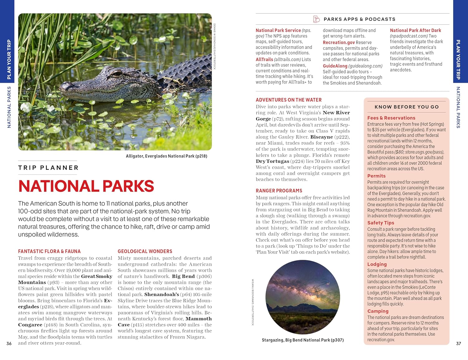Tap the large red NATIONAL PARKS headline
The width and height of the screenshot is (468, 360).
point(86,186)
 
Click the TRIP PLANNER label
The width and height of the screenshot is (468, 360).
point(48,168)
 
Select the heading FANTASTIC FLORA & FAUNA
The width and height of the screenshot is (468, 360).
point(49,251)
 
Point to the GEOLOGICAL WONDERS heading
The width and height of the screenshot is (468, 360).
point(145,251)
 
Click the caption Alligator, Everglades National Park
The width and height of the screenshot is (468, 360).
point(166,156)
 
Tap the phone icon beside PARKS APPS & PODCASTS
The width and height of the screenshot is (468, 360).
point(316,19)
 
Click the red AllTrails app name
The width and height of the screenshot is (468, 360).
point(264,59)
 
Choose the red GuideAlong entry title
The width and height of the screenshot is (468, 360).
point(335,66)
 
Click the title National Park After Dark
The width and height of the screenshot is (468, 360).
point(415,30)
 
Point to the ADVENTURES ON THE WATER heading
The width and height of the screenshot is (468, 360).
point(289,100)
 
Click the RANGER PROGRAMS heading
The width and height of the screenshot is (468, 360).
point(279,191)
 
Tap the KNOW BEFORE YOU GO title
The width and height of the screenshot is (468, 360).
point(407,107)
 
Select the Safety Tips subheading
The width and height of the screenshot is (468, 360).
point(381,223)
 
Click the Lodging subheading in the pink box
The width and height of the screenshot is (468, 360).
point(377,264)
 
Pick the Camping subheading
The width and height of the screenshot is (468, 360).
point(378,311)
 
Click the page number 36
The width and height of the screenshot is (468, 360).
point(9,343)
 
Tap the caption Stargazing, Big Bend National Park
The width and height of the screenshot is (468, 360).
point(302,340)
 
